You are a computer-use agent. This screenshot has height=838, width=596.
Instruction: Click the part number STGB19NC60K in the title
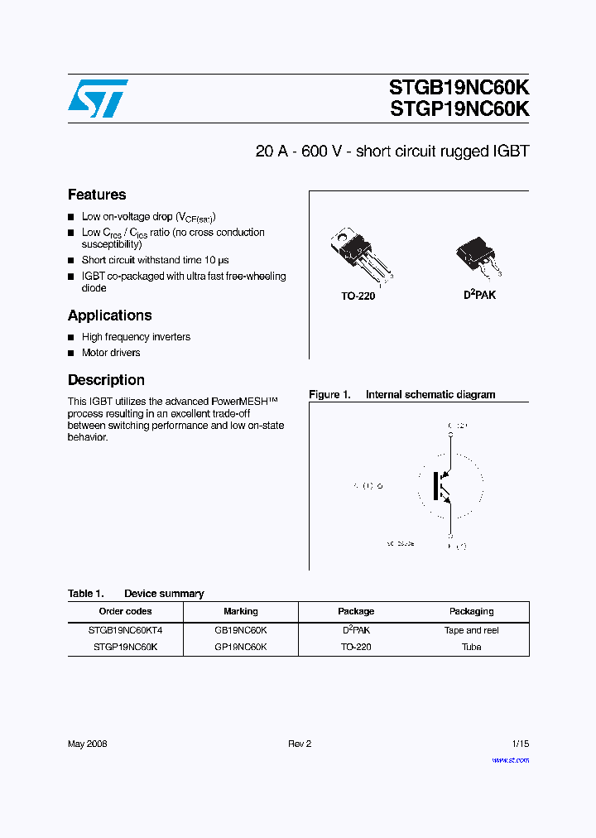[x=459, y=88]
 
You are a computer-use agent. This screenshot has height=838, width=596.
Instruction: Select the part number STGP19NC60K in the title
[x=459, y=108]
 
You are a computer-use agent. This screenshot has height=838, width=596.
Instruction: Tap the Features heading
[x=97, y=195]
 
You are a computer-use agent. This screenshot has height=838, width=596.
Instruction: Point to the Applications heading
[x=110, y=315]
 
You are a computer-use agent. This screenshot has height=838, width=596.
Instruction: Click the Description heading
[x=106, y=380]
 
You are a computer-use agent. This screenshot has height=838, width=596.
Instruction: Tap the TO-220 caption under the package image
[x=358, y=296]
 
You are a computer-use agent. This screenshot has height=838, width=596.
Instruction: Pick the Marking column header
[x=241, y=611]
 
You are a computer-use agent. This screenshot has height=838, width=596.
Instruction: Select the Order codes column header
[x=125, y=611]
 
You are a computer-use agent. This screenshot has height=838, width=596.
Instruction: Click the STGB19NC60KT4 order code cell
[x=125, y=630]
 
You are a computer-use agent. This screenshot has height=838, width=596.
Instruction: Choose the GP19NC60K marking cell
[x=241, y=647]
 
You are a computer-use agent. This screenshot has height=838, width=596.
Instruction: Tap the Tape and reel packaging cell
[x=471, y=630]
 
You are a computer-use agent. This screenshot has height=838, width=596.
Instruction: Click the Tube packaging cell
[x=471, y=647]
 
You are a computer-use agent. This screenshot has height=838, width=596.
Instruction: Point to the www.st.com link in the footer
[x=510, y=759]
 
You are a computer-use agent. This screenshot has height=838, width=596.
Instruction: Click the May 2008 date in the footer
[x=88, y=744]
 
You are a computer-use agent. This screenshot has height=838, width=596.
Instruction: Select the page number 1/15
[x=519, y=744]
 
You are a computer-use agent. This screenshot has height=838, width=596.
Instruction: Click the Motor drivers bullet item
[x=111, y=353]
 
